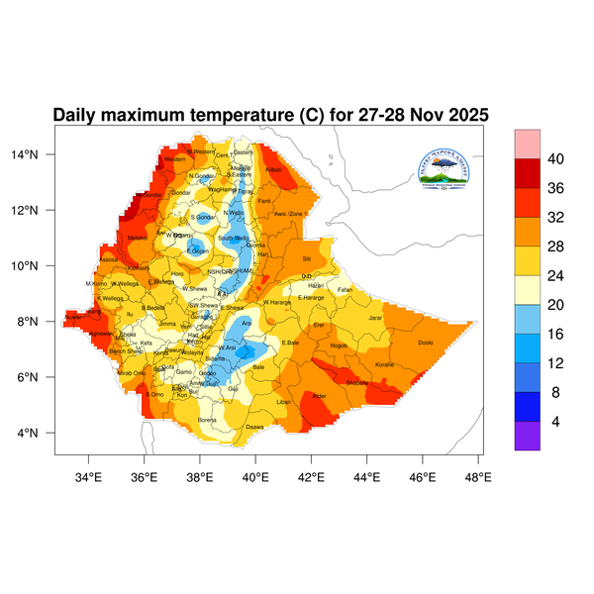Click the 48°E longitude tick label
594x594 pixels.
point(478,478)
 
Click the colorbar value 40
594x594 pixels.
point(555,159)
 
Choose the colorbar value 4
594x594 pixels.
point(555,421)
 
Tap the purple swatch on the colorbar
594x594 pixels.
point(527,437)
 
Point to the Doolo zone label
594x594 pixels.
point(427,343)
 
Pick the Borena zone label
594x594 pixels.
point(208,420)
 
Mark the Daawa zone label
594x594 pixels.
point(254,427)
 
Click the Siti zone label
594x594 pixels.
point(306,257)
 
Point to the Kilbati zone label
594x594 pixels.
point(274,170)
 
